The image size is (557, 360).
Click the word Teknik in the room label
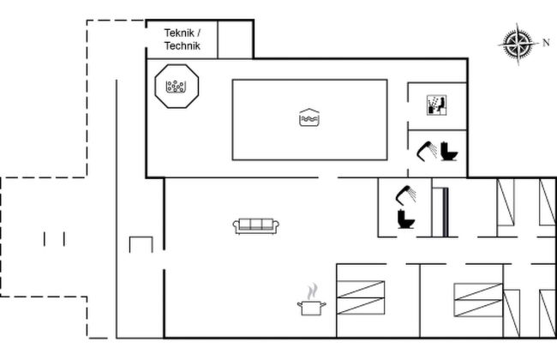[x=179, y=33]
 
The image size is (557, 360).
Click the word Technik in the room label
[x=183, y=45]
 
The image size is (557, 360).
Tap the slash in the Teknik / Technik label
[x=199, y=33]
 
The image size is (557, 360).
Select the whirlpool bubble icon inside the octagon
[x=176, y=87]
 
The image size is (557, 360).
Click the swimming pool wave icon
[x=309, y=117]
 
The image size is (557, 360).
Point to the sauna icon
[x=436, y=105]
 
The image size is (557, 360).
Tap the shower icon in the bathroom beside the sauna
[x=427, y=151]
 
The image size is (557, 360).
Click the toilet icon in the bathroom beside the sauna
[x=449, y=152]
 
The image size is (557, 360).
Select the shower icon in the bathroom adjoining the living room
[x=405, y=195]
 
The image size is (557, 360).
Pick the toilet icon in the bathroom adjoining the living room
[x=406, y=219]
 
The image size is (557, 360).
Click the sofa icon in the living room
[x=255, y=226]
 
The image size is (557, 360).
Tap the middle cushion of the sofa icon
[x=255, y=225]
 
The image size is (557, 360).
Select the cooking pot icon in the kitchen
[x=312, y=308]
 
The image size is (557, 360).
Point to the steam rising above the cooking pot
[x=313, y=291]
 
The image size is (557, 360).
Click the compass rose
[x=518, y=44]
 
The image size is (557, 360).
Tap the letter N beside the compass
[x=546, y=43]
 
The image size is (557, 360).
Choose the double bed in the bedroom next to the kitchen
[x=361, y=297]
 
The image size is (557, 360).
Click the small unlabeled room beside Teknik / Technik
[x=235, y=39]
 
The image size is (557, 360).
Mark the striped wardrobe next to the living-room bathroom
[x=440, y=213]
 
